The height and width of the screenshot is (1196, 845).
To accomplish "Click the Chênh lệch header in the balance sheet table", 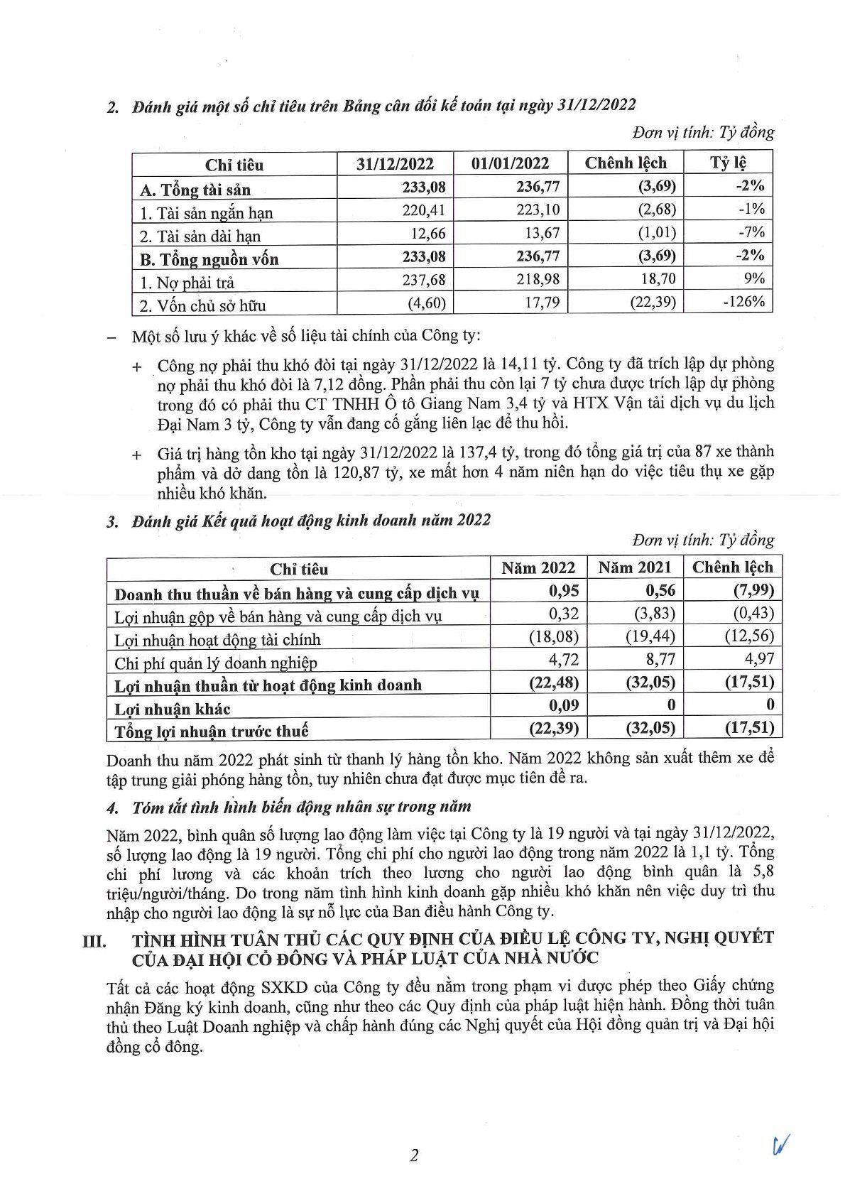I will (x=626, y=163).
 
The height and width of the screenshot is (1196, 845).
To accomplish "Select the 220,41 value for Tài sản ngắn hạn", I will (x=424, y=210).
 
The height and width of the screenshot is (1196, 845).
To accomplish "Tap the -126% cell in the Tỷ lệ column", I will (x=743, y=303).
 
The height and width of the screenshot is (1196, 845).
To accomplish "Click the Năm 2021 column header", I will (x=634, y=567).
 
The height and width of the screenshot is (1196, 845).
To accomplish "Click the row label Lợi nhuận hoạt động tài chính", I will (x=217, y=639).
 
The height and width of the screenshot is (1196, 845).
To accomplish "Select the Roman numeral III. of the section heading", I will (x=94, y=942).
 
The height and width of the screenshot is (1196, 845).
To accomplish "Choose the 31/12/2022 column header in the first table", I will (x=395, y=163).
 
